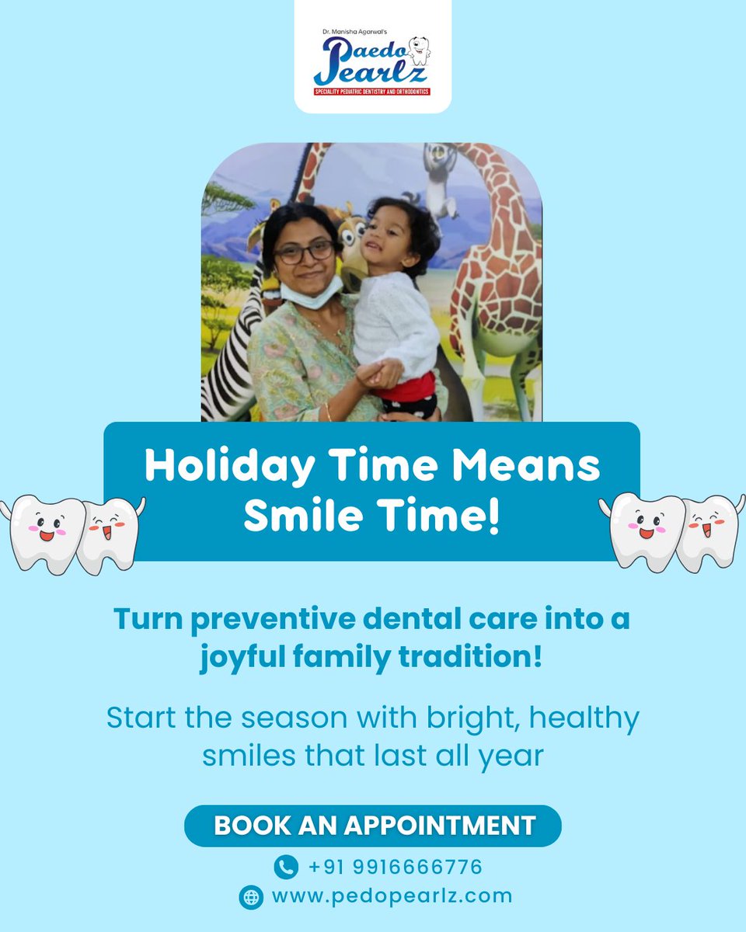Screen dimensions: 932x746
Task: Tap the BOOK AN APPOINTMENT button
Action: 373,825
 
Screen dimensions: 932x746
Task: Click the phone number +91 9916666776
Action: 395,867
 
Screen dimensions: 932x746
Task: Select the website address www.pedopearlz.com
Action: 392,895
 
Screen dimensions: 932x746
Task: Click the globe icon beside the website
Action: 251,896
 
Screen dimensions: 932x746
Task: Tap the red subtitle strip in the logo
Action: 371,92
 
